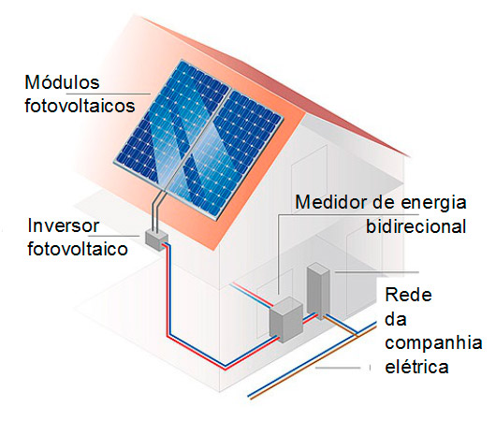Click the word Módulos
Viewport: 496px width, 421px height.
tap(62, 82)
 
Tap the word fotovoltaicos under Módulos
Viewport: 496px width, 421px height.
tap(80, 106)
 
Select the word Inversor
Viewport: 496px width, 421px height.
tap(64, 225)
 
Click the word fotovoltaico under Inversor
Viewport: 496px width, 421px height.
tap(78, 249)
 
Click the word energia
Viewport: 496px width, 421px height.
tap(433, 203)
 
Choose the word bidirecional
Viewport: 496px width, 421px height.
tap(416, 225)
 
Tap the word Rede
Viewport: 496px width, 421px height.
tap(408, 295)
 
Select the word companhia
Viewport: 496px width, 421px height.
tap(433, 342)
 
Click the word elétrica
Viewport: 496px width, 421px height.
tap(416, 367)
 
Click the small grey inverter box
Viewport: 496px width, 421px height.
tap(156, 240)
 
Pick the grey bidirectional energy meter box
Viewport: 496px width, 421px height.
tap(286, 320)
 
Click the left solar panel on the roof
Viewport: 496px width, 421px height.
tap(171, 123)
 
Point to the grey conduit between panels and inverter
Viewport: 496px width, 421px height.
tap(158, 211)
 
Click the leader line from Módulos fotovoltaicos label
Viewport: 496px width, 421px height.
tap(109, 94)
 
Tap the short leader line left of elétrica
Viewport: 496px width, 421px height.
tap(338, 368)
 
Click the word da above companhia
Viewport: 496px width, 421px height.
tap(396, 319)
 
